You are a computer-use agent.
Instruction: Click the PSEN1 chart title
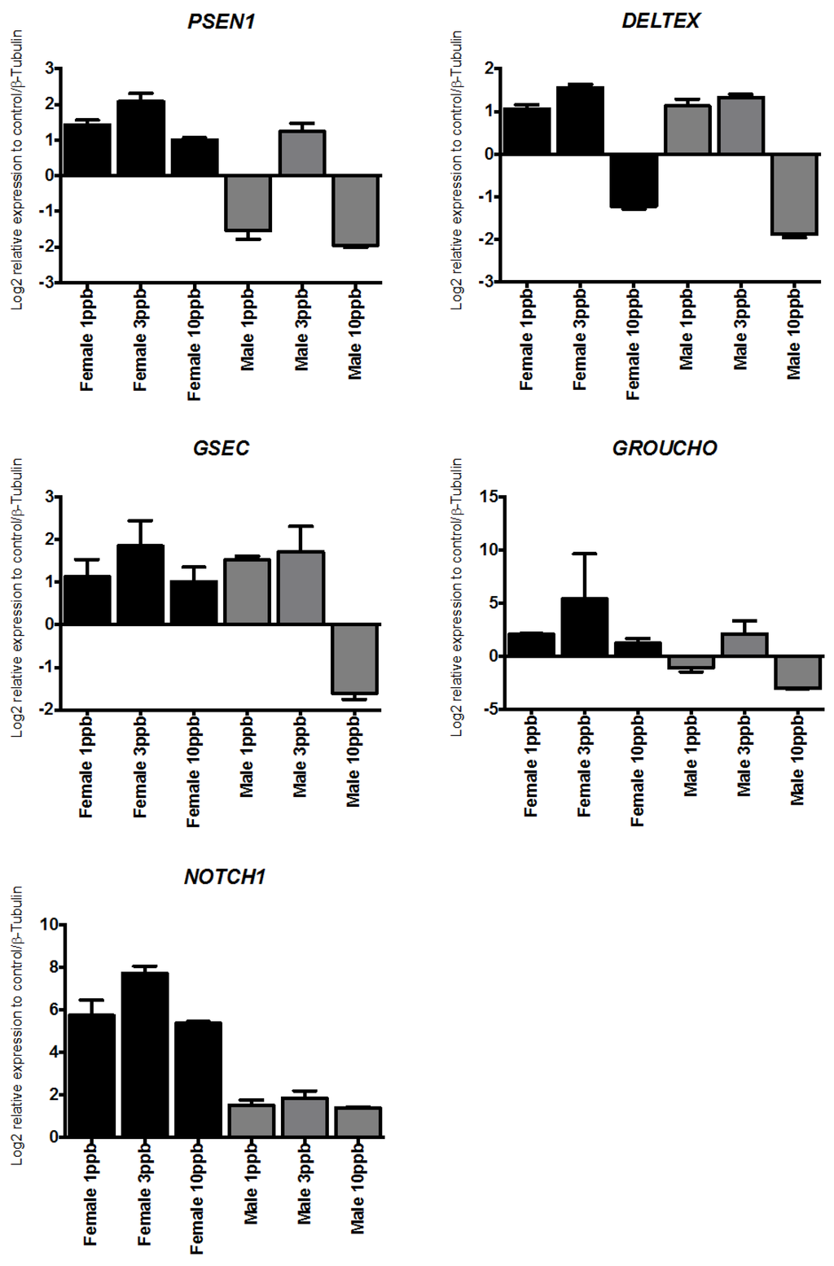point(222,22)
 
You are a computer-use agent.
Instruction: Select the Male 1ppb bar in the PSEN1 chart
point(248,204)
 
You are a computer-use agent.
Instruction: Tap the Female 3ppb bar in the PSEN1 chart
point(141,138)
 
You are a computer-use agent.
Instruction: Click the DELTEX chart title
point(660,21)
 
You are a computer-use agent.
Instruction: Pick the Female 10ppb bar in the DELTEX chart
point(633,181)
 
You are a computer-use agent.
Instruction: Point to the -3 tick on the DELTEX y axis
point(488,282)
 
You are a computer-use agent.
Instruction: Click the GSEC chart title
point(221,449)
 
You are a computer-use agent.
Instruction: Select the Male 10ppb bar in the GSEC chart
point(354,659)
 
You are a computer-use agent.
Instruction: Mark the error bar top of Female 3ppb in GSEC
point(141,521)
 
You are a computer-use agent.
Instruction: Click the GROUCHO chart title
point(665,449)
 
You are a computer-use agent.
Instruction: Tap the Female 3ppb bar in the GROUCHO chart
point(584,627)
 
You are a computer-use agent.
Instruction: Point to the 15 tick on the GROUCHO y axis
point(489,497)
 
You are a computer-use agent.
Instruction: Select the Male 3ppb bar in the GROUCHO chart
point(744,645)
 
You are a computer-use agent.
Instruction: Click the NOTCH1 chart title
point(225,877)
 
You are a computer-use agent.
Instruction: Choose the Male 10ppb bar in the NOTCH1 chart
point(358,1122)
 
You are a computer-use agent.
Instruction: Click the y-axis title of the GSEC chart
point(16,598)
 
